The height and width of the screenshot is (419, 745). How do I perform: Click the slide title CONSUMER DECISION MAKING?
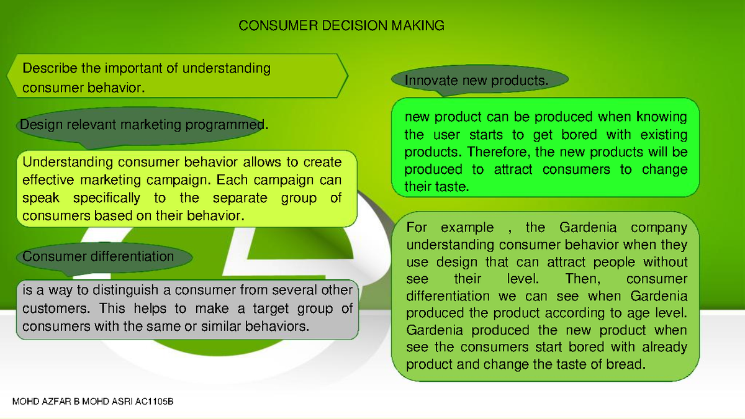341,25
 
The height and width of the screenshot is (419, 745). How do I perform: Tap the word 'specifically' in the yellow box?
106,199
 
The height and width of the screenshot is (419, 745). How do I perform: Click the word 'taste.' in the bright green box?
451,186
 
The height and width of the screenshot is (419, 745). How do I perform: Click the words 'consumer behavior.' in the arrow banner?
83,88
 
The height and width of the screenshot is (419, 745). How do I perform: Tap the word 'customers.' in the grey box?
50,309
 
